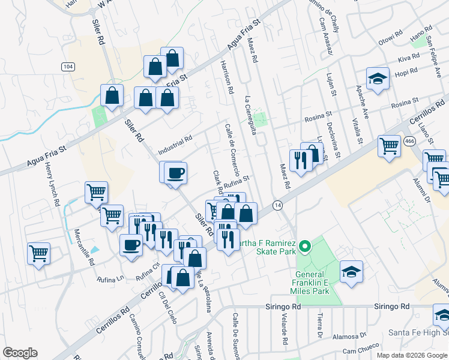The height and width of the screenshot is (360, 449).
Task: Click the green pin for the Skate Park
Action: point(304,246)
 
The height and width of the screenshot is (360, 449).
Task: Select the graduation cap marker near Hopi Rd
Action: point(378,79)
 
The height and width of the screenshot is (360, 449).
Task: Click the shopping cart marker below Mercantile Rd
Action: point(38,253)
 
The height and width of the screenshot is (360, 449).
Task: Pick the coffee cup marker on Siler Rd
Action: point(175,173)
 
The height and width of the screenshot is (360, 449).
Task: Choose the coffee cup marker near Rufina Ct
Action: point(131,245)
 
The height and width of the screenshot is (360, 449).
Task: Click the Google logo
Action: point(20,353)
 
